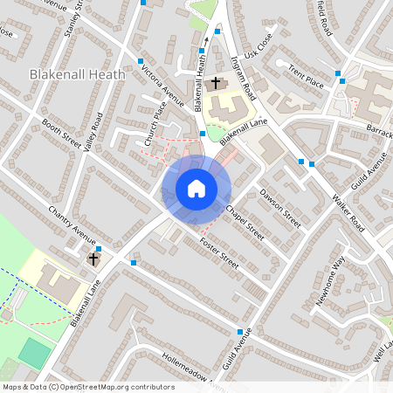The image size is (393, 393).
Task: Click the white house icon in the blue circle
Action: (x=196, y=189)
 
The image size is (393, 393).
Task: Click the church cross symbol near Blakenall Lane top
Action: (x=216, y=83)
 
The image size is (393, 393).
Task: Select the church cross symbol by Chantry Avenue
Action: (x=94, y=259)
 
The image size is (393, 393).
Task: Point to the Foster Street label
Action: (x=218, y=252)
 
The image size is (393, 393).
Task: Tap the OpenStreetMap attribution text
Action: (x=87, y=387)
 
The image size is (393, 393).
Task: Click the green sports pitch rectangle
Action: (x=35, y=353)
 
